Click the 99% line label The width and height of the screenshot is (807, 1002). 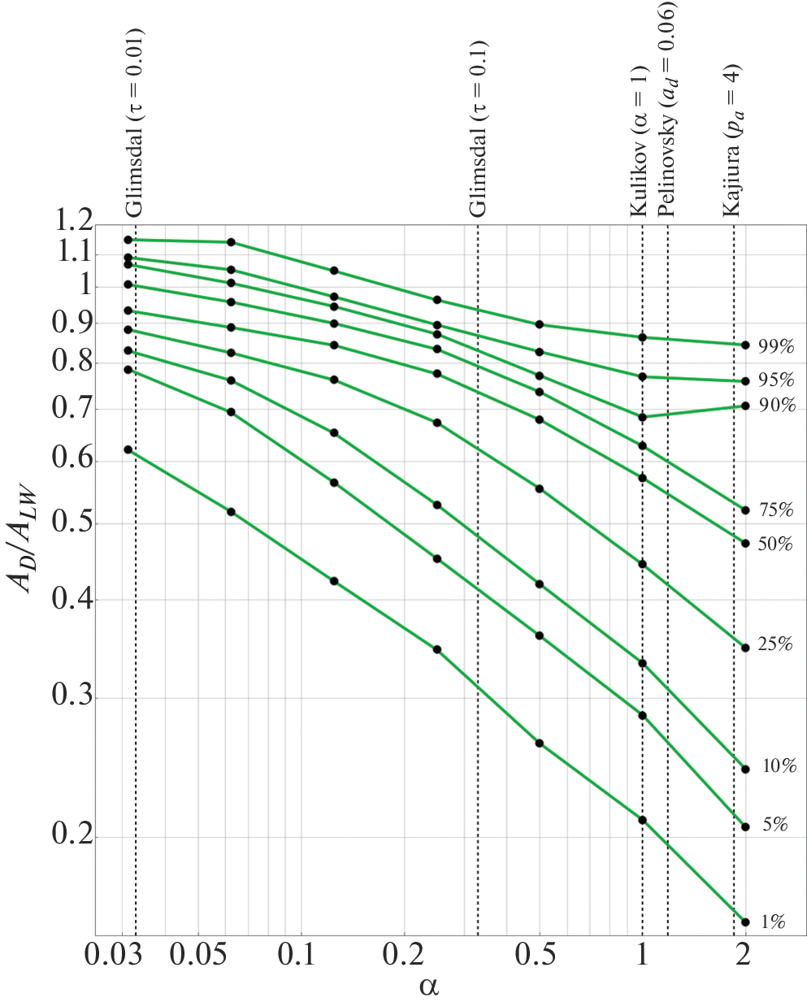click(775, 347)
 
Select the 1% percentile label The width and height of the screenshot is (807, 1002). click(773, 922)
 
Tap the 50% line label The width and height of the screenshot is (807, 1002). click(774, 544)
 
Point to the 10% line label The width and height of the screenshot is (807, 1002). click(779, 766)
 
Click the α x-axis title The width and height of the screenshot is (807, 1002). click(429, 987)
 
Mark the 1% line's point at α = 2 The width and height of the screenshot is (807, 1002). click(745, 922)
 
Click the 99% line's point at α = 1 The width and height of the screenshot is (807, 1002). click(642, 337)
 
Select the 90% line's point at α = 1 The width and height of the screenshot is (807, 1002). click(642, 417)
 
